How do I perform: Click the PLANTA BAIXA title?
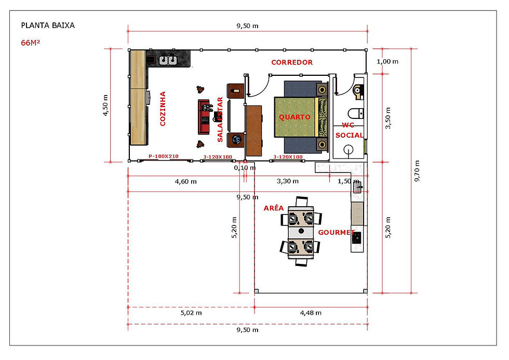pos(48,25)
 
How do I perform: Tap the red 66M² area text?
pos(30,43)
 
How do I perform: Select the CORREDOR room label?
pos(292,62)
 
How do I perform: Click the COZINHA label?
pos(163,109)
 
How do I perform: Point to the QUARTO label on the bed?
pos(295,117)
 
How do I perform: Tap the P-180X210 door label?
pos(164,156)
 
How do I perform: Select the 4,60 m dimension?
pos(186,181)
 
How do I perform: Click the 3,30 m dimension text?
pos(288,181)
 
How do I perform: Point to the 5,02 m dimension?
pos(191,313)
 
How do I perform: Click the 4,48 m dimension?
pos(311,313)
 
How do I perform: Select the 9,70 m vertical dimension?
pos(417,171)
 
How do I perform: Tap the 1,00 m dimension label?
pos(387,61)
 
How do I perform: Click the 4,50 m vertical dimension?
pos(105,105)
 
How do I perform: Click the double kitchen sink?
pos(168,60)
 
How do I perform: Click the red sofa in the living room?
pos(204,117)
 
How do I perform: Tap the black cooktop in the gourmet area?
pos(356,238)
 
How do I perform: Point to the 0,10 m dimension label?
pos(245,168)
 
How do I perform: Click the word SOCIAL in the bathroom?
pos(349,135)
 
